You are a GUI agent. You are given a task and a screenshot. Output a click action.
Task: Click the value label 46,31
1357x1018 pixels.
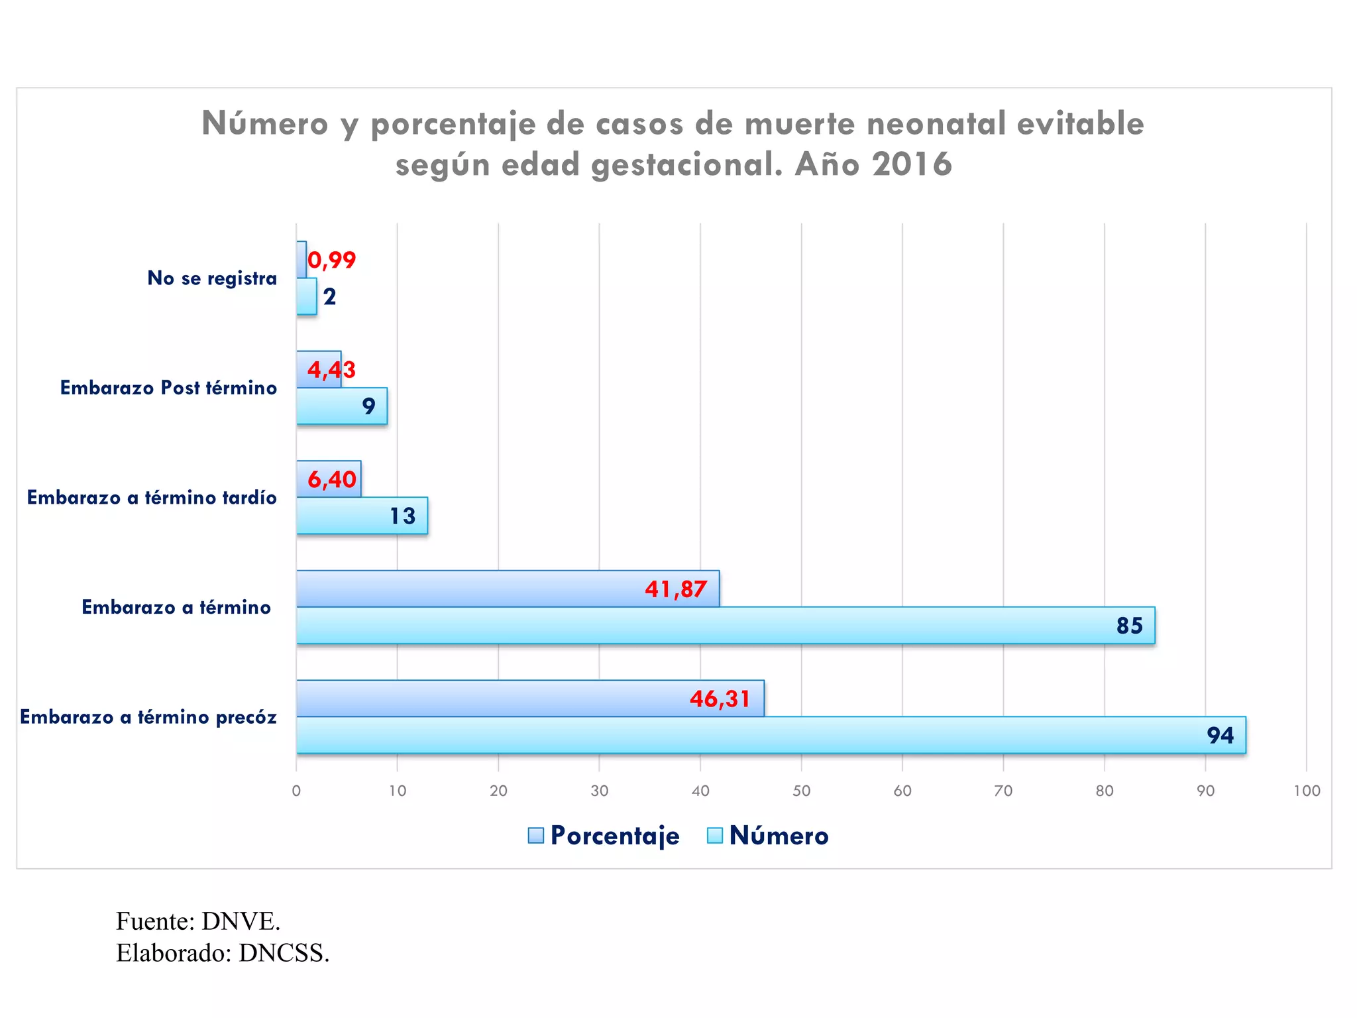pos(720,699)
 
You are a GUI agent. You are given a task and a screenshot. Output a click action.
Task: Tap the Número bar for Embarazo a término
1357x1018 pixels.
pos(726,625)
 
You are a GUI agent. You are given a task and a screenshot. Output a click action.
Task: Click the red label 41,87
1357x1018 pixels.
pos(676,589)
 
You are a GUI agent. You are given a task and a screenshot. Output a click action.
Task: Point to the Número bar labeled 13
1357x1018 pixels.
pos(362,516)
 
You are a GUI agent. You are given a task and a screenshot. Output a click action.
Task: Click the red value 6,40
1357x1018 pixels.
pos(331,479)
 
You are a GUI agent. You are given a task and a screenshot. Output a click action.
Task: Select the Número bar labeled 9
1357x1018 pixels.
pos(341,406)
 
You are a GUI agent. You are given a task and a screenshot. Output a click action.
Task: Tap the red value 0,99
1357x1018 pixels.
pos(331,260)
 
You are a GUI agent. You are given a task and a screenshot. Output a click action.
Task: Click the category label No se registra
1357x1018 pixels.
pos(212,278)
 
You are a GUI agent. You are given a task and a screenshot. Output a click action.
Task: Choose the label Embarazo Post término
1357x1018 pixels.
pos(168,388)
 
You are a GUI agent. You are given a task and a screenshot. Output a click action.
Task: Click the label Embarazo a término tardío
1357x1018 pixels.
pos(152,498)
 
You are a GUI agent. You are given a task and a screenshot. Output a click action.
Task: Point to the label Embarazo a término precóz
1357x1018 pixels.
pos(148,717)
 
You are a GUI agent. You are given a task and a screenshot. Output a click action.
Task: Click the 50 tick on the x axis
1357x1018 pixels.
pos(801,791)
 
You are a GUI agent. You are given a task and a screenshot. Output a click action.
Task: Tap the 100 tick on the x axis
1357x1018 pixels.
pos(1307,791)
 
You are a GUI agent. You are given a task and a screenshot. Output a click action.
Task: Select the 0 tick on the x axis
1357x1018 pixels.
pos(296,791)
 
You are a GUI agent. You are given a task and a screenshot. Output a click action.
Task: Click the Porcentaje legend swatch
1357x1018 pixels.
pos(535,836)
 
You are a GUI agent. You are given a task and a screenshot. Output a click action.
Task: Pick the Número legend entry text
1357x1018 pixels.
pos(779,836)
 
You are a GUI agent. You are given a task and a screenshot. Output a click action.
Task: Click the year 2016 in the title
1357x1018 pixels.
pos(912,164)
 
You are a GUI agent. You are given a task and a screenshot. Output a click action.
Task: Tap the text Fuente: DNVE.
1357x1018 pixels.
pos(198,921)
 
